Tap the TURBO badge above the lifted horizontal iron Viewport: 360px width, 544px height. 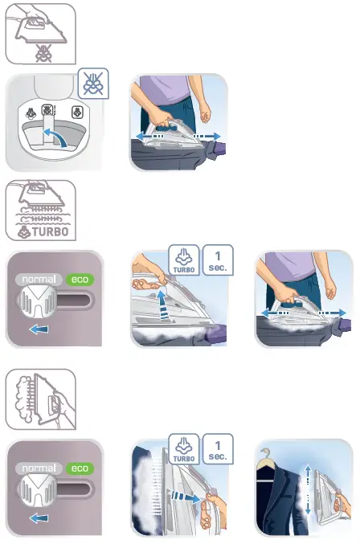pos(183,261)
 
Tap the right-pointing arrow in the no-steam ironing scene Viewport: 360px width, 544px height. pos(207,137)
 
